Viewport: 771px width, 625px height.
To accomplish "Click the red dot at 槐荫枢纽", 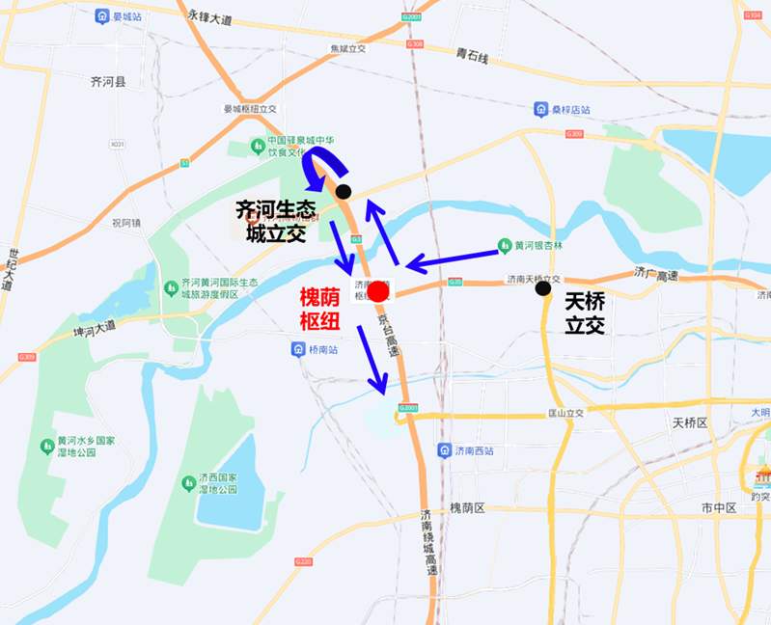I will click(378, 290).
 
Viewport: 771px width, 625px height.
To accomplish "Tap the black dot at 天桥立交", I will click(543, 287).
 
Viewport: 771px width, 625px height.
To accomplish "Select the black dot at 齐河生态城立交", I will click(344, 192).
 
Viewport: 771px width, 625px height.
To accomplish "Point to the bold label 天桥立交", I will click(585, 314).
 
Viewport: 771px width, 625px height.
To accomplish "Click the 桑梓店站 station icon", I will click(541, 109).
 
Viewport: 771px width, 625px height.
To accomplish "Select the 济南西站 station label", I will click(479, 449).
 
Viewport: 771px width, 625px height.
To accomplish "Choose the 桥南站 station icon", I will click(297, 348).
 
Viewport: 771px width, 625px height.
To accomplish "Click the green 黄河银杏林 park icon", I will click(504, 244).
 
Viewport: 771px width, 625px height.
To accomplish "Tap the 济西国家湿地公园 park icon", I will click(187, 480).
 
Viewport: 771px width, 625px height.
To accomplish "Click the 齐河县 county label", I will click(107, 83).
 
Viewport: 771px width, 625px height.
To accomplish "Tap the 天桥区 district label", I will click(690, 422).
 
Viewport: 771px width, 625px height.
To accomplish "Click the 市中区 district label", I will click(719, 507).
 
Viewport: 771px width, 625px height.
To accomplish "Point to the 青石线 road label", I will click(473, 57).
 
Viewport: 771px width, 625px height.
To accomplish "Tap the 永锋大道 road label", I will click(211, 18).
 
